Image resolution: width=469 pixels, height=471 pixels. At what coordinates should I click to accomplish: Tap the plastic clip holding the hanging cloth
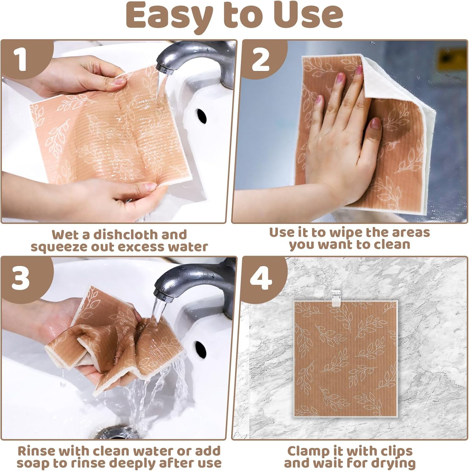click(x=335, y=297)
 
